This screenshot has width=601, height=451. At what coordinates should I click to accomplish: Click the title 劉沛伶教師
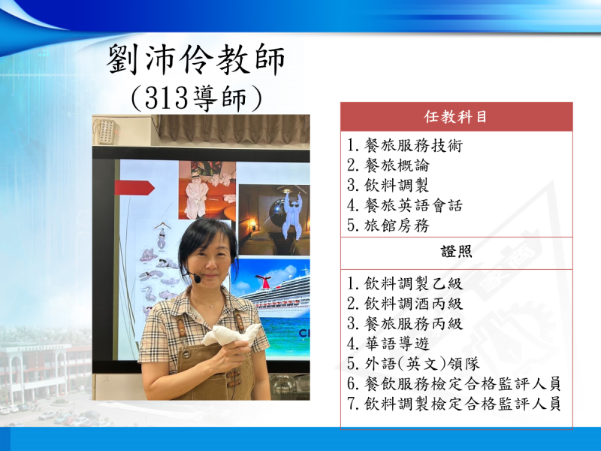click(195, 59)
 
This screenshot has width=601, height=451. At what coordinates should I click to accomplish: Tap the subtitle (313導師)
click(196, 98)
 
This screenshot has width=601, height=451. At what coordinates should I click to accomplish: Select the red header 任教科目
click(456, 117)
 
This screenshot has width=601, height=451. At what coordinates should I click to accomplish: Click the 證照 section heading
click(456, 252)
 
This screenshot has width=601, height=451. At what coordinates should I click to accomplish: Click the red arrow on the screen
click(134, 187)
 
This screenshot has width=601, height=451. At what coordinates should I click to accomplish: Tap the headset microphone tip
click(197, 278)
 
